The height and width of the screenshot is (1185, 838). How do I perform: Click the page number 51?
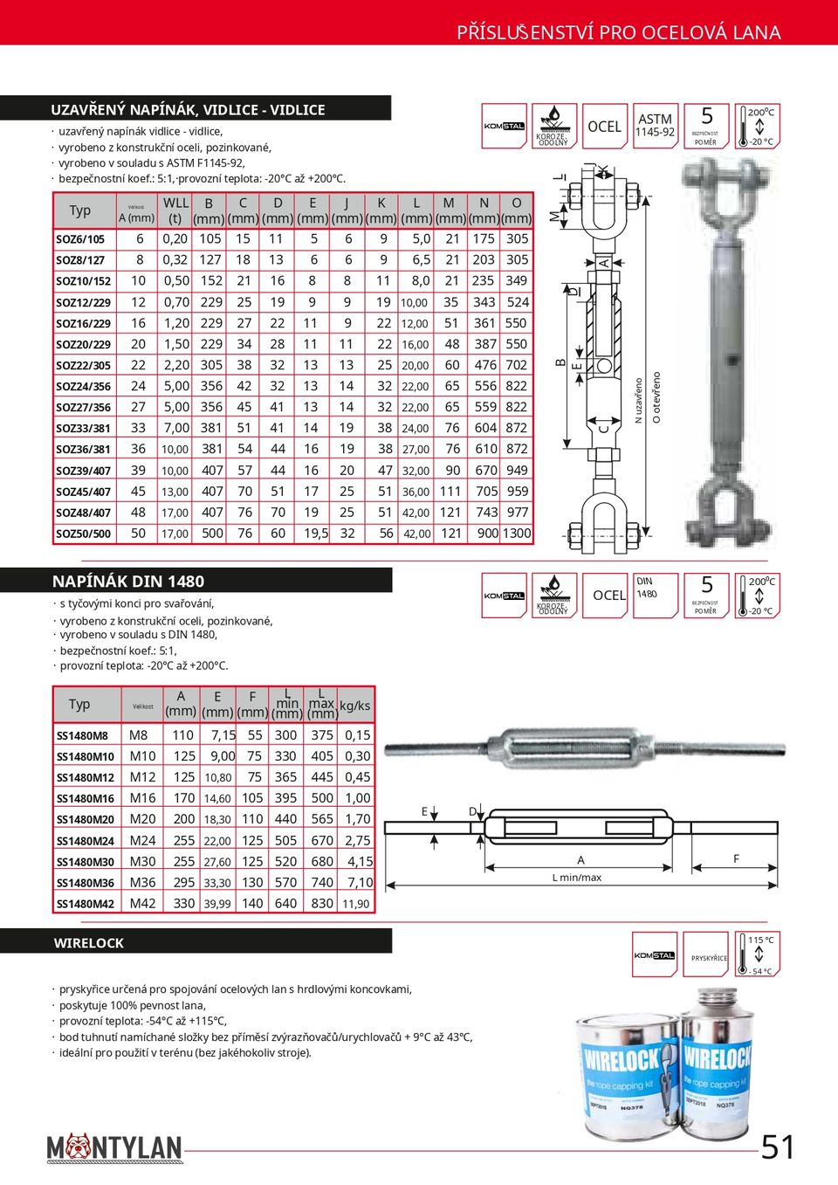pyautogui.click(x=778, y=1147)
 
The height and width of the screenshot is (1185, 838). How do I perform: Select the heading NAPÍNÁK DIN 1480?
pyautogui.click(x=128, y=582)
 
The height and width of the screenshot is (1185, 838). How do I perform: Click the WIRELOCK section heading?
pyautogui.click(x=89, y=943)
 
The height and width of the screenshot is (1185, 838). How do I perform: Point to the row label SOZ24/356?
pyautogui.click(x=83, y=386)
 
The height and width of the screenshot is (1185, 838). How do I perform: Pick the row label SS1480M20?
pyautogui.click(x=85, y=819)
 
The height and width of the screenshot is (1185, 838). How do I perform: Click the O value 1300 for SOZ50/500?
pyautogui.click(x=517, y=534)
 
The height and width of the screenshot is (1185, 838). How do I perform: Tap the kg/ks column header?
pyautogui.click(x=355, y=706)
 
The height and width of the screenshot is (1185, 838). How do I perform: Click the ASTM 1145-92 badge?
pyautogui.click(x=655, y=126)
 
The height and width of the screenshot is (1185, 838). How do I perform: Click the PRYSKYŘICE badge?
pyautogui.click(x=709, y=956)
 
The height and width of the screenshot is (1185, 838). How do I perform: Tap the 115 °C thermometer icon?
pyautogui.click(x=757, y=955)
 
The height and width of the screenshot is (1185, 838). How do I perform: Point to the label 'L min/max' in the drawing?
pyautogui.click(x=577, y=878)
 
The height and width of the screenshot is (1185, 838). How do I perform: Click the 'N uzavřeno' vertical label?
pyautogui.click(x=638, y=401)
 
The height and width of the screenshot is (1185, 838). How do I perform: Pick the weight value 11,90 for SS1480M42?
pyautogui.click(x=355, y=904)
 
